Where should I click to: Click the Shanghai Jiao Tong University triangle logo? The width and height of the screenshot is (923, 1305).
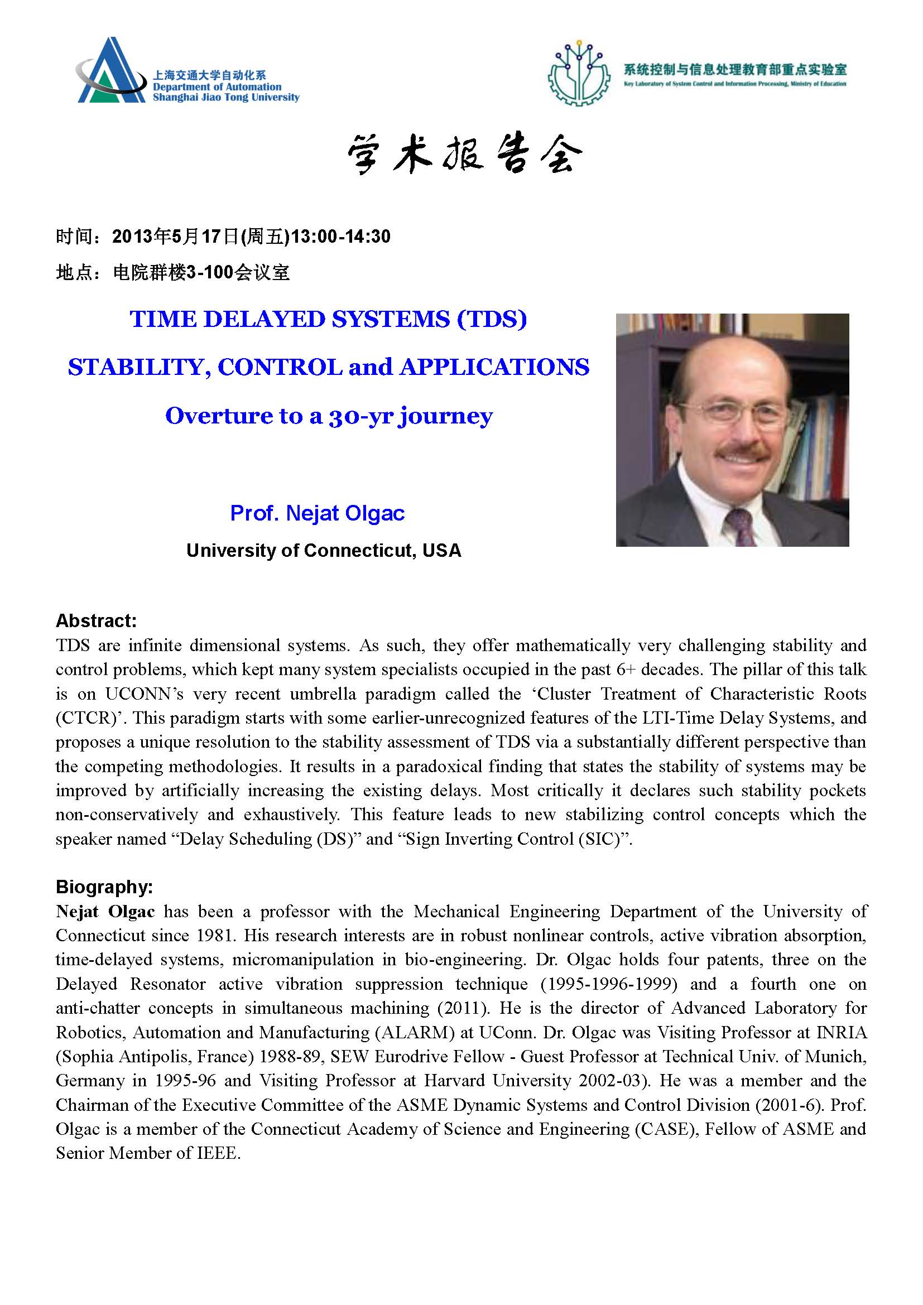110,71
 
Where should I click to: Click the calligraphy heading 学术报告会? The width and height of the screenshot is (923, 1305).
464,154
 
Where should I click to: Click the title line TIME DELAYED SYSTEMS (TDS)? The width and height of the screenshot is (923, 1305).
329,320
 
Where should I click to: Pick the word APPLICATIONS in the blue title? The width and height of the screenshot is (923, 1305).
494,367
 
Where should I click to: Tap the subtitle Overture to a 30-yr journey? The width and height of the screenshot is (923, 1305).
329,416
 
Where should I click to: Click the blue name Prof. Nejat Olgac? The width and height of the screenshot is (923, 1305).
317,513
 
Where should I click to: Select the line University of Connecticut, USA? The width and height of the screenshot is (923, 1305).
324,550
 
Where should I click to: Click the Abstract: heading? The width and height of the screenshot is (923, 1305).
96,620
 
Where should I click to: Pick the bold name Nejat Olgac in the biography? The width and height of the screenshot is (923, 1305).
105,912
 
